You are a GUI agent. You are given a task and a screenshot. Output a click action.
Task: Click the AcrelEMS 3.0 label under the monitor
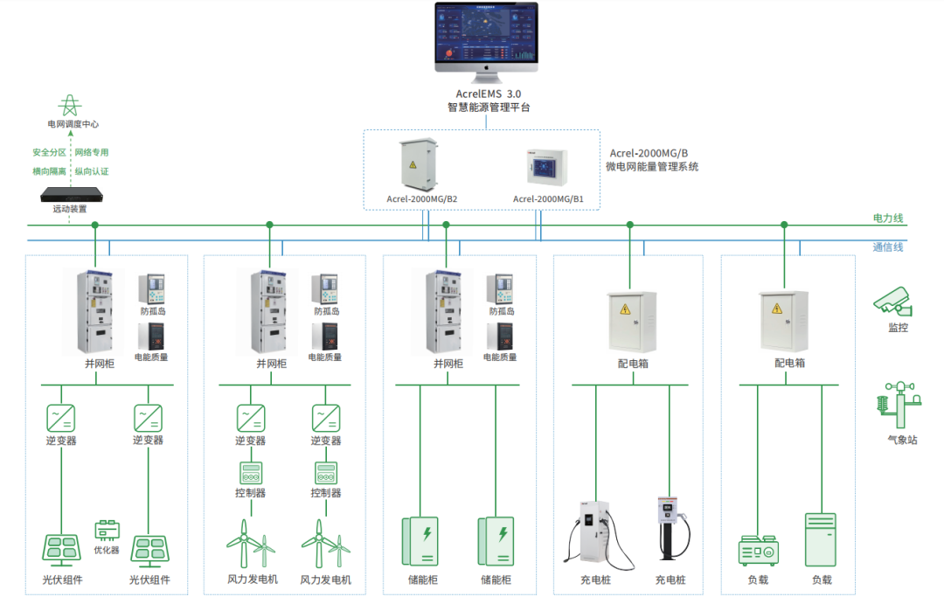(488, 93)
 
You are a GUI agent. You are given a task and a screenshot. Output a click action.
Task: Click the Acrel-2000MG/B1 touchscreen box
(547, 168)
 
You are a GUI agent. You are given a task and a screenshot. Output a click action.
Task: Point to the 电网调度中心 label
(73, 125)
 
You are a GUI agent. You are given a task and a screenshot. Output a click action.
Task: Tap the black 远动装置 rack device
(73, 194)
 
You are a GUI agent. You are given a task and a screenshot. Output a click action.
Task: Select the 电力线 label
(887, 218)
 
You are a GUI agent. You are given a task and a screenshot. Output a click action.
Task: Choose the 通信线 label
(887, 247)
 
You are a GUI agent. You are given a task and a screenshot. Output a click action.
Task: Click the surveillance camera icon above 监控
(893, 302)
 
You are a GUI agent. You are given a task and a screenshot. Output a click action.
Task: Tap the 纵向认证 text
(92, 171)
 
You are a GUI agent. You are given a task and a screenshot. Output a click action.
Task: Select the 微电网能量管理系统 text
(652, 166)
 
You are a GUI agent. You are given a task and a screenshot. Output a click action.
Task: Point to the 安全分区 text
(50, 152)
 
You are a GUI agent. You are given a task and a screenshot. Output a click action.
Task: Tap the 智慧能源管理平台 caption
(488, 108)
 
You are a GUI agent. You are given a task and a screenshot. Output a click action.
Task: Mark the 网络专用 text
(92, 152)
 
